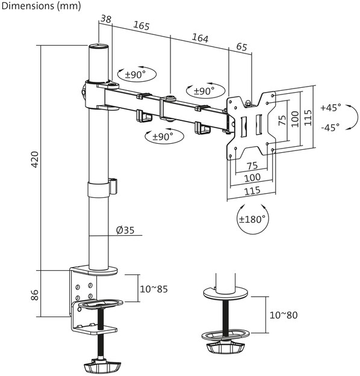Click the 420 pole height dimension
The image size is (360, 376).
pyautogui.click(x=35, y=159)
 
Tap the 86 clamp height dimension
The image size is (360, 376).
pyautogui.click(x=35, y=295)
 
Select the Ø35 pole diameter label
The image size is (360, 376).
pyautogui.click(x=125, y=230)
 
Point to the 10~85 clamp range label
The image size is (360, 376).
pyautogui.click(x=154, y=289)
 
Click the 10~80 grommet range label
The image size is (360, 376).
pyautogui.click(x=284, y=315)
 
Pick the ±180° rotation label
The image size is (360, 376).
pyautogui.click(x=252, y=219)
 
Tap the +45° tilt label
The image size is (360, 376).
pyautogui.click(x=331, y=108)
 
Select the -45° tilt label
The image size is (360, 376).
pyautogui.click(x=331, y=127)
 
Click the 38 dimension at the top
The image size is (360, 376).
pyautogui.click(x=106, y=19)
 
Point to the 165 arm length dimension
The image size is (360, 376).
pyautogui.click(x=141, y=26)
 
